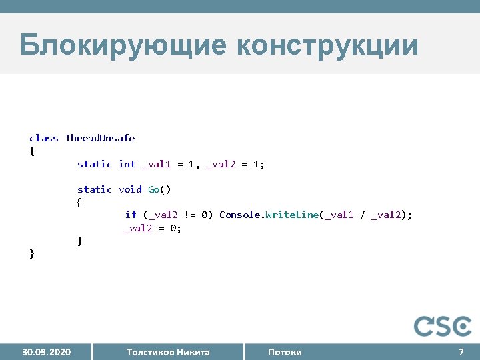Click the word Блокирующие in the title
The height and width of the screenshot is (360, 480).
click(x=123, y=46)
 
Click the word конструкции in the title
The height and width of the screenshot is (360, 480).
click(x=327, y=46)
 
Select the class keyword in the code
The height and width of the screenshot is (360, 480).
click(x=43, y=138)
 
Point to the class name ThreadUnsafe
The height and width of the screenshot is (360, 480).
click(x=100, y=138)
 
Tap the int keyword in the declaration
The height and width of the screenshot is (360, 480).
click(x=127, y=164)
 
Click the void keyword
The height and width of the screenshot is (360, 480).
click(x=130, y=189)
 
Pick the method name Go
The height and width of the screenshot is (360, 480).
click(x=154, y=189)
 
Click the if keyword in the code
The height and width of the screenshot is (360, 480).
click(x=131, y=215)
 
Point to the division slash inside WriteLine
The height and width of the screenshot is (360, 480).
click(x=362, y=215)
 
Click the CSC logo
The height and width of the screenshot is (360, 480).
click(x=443, y=326)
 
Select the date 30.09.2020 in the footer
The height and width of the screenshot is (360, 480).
click(x=47, y=352)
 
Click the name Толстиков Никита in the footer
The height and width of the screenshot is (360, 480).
click(x=168, y=352)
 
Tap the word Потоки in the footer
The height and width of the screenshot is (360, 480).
click(x=285, y=352)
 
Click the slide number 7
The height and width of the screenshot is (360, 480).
click(x=461, y=352)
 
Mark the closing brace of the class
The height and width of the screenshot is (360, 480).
click(x=32, y=253)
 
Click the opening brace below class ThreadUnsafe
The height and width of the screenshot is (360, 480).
click(x=32, y=151)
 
